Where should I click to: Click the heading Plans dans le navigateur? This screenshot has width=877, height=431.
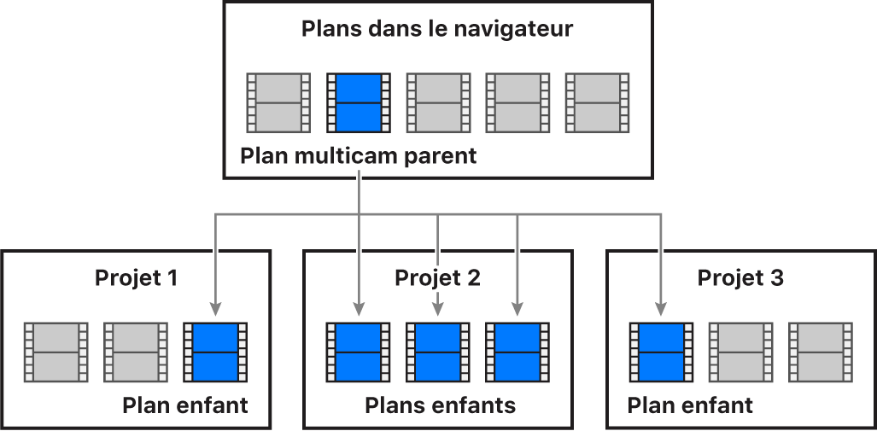pyautogui.click(x=437, y=29)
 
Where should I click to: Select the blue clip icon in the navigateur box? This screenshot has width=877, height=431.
pyautogui.click(x=359, y=102)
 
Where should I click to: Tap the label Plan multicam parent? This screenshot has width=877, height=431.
pyautogui.click(x=358, y=157)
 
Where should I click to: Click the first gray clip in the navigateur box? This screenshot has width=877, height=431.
pyautogui.click(x=278, y=102)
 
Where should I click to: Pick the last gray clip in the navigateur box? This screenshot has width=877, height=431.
pyautogui.click(x=598, y=102)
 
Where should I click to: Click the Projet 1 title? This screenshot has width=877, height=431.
pyautogui.click(x=136, y=277)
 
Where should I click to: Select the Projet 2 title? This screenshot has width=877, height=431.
pyautogui.click(x=437, y=277)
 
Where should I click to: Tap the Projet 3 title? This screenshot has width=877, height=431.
pyautogui.click(x=740, y=277)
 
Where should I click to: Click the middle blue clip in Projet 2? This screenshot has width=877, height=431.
pyautogui.click(x=437, y=352)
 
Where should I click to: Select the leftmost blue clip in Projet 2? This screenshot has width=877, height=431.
pyautogui.click(x=358, y=352)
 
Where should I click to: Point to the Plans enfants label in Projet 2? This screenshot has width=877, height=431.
pyautogui.click(x=440, y=405)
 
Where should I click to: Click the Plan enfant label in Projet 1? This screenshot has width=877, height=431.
pyautogui.click(x=185, y=405)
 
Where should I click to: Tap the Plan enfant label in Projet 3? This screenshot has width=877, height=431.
pyautogui.click(x=690, y=405)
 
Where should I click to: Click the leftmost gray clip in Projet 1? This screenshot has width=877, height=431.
pyautogui.click(x=56, y=352)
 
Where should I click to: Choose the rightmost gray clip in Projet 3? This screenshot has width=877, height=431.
pyautogui.click(x=820, y=352)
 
